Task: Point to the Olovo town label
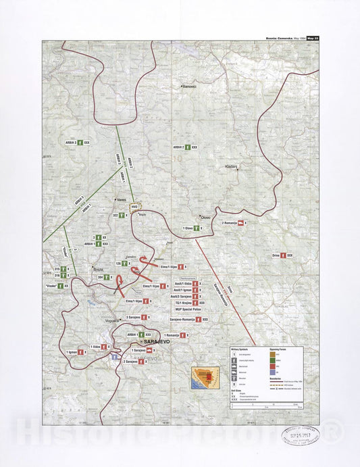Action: pos(205,217)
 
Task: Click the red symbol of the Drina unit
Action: pos(284,256)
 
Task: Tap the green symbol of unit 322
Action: pos(121,215)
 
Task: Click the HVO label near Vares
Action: pos(134,207)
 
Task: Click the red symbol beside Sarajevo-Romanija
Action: pos(199,319)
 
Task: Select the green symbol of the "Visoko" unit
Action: pos(59,286)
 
